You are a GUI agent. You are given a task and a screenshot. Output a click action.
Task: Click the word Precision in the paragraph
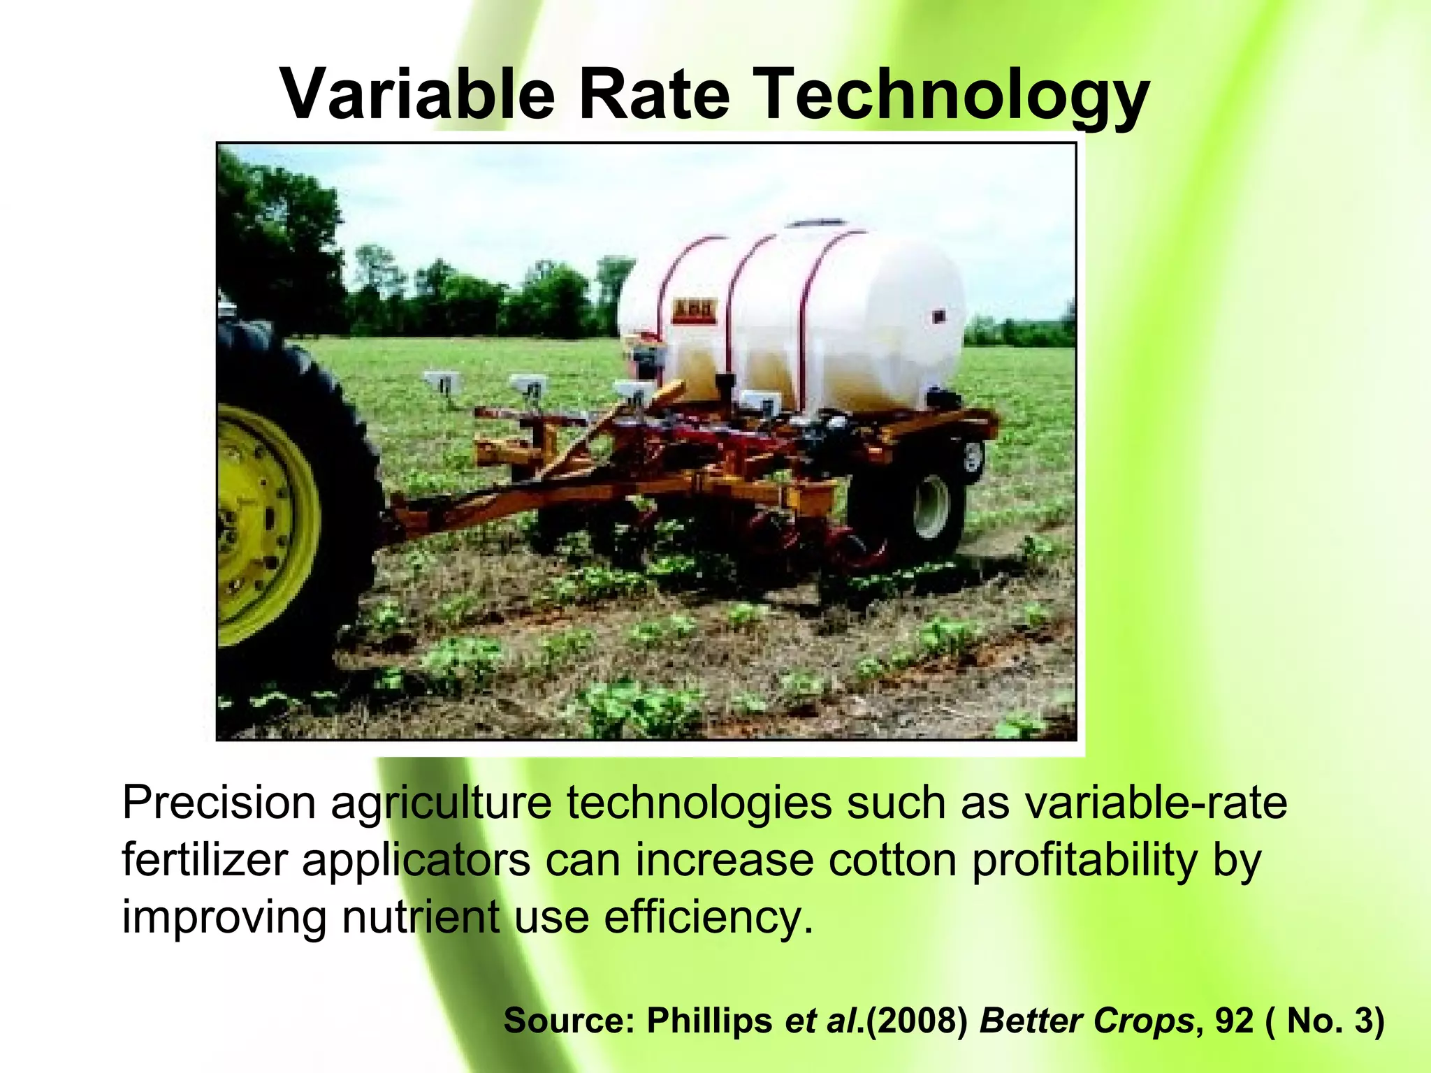[219, 803]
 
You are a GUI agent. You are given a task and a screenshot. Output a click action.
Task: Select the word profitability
[1084, 860]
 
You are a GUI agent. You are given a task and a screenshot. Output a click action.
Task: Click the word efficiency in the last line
[708, 917]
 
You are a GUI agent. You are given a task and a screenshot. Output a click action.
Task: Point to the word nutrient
[420, 917]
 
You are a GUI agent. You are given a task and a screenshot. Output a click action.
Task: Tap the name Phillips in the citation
[709, 1021]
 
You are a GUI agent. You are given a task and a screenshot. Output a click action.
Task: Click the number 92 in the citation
[1234, 1021]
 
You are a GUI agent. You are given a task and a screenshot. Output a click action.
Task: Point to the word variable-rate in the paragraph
[1156, 803]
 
